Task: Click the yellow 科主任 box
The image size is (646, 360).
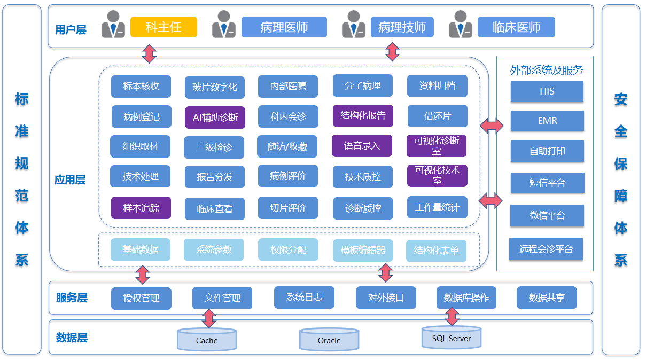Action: click(x=164, y=27)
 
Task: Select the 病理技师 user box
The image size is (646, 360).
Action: click(x=402, y=27)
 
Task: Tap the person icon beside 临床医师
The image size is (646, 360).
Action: click(x=461, y=25)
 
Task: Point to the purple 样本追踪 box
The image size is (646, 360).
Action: click(x=141, y=208)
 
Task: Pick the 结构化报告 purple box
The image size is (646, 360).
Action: click(x=363, y=115)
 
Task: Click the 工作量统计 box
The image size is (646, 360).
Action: click(x=437, y=207)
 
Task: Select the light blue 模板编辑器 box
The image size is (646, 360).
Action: click(x=363, y=250)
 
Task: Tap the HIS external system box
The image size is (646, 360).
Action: click(x=547, y=91)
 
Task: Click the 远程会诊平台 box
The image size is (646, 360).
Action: click(x=546, y=249)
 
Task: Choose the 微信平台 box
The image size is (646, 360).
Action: click(x=547, y=215)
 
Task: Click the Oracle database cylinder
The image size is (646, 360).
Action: click(x=329, y=339)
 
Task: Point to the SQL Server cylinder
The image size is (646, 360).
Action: click(x=452, y=337)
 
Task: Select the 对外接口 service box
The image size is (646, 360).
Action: click(x=386, y=298)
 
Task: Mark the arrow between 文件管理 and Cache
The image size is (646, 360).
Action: click(x=209, y=318)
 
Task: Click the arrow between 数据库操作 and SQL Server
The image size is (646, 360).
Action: click(x=452, y=317)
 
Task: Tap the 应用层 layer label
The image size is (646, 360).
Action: click(x=70, y=180)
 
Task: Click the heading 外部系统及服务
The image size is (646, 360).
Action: click(x=546, y=70)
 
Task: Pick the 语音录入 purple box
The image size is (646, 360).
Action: click(x=362, y=145)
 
